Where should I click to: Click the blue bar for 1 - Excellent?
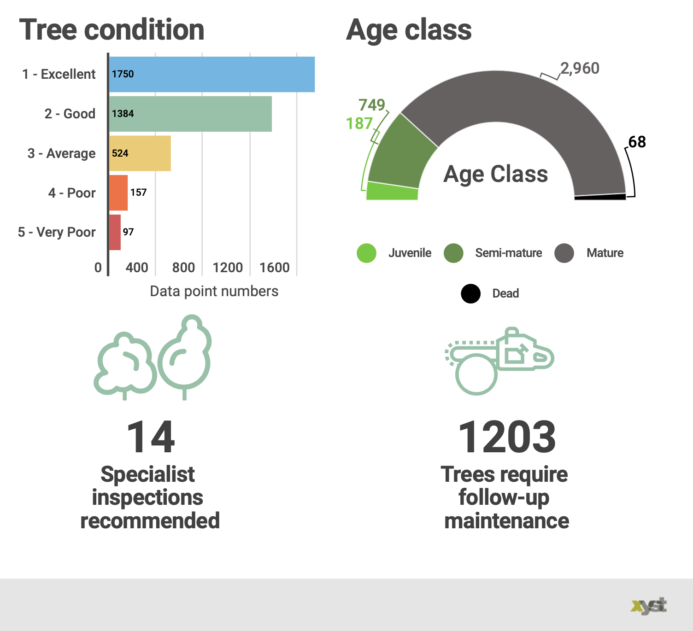(212, 74)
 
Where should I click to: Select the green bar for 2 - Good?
(190, 114)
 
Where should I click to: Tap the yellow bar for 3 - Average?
(140, 153)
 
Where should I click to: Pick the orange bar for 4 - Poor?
(118, 193)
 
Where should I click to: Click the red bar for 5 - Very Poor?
(115, 232)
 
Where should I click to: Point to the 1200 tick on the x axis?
(228, 268)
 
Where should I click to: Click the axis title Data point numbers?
(214, 291)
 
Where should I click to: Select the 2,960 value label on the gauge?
(580, 68)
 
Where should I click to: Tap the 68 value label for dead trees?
(637, 142)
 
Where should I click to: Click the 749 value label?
(371, 105)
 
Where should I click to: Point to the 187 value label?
(359, 123)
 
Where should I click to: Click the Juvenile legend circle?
(367, 253)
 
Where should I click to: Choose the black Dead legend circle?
(470, 293)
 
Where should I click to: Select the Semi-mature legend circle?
(453, 253)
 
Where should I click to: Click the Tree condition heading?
(112, 30)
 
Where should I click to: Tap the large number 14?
(151, 437)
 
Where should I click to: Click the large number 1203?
(507, 437)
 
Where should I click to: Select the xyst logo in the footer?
(649, 606)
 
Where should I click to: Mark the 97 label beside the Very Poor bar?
(128, 232)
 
